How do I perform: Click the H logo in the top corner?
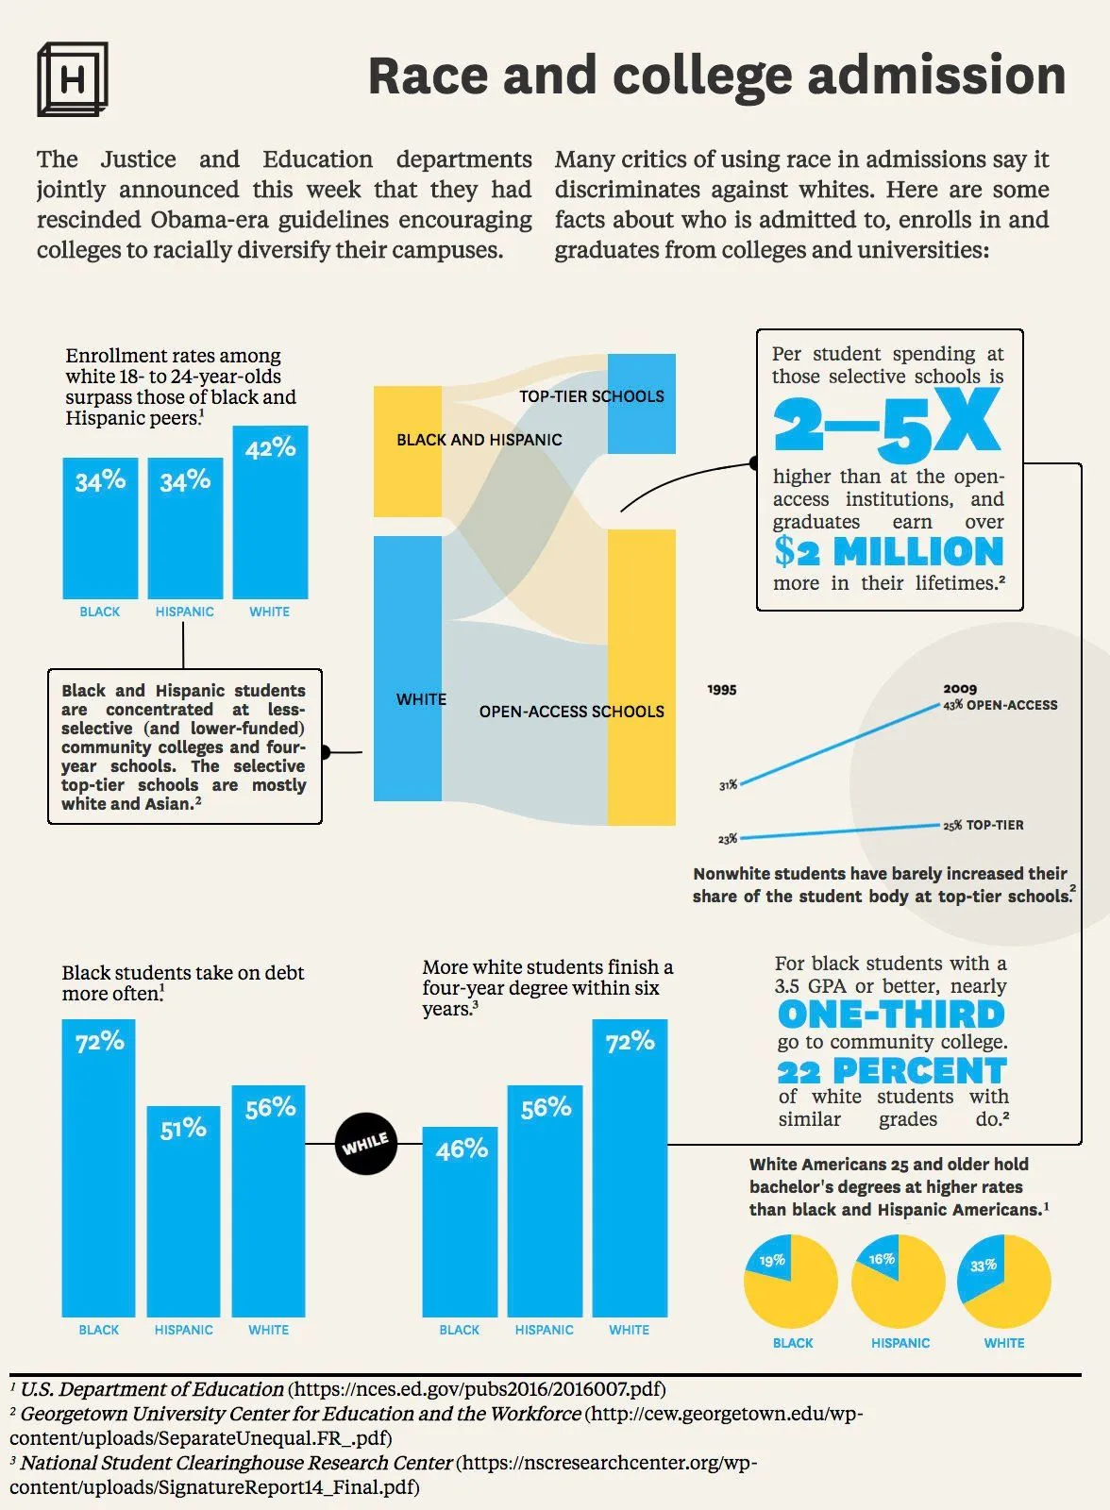pos(72,79)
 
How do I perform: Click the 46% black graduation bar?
pos(460,1221)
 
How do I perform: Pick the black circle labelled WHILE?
pos(366,1144)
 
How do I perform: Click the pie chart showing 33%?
pos(1004,1282)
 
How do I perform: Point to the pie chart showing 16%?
pos(898,1282)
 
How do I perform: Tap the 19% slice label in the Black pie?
pos(772,1261)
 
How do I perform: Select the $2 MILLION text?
pos(888,551)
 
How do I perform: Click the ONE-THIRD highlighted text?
pos(891,1015)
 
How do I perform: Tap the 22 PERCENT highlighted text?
pos(892,1071)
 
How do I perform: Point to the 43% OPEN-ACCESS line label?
pos(1001,705)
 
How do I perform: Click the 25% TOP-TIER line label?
pos(984,825)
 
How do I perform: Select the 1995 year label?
pos(721,690)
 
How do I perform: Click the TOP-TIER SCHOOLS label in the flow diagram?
pos(591,396)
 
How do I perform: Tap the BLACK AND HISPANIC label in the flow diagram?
pos(479,440)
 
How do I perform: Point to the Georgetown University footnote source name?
pos(300,1414)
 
